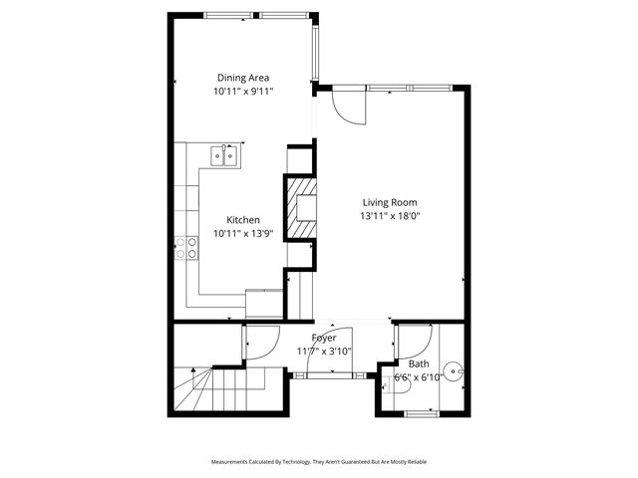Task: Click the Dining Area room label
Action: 243,78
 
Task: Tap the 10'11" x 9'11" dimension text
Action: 243,91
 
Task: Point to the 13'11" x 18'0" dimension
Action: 389,215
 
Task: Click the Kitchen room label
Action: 243,220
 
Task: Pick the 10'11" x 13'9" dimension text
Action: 243,234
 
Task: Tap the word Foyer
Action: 324,339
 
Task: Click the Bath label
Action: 418,364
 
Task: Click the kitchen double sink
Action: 223,154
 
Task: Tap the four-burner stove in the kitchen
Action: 186,248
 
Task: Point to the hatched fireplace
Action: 300,207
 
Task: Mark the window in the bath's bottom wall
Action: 420,412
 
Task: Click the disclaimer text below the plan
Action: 319,462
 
